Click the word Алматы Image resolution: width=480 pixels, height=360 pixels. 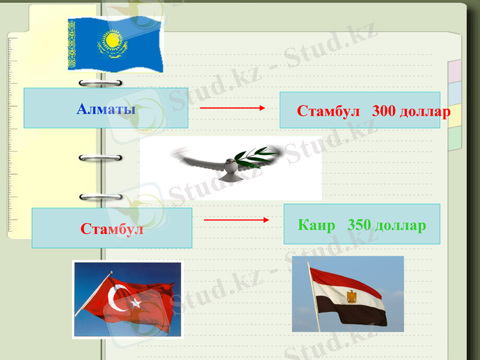[106, 109]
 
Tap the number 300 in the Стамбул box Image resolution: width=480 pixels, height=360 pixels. [384, 112]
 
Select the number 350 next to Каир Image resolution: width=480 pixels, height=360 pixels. [359, 226]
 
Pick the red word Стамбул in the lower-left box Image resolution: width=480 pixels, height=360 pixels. [112, 229]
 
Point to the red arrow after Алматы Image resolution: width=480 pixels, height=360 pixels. [232, 108]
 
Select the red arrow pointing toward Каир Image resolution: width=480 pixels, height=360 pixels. [236, 220]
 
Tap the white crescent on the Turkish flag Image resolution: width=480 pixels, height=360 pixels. [117, 298]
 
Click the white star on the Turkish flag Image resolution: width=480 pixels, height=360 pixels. [136, 303]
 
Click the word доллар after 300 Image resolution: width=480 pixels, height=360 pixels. [425, 112]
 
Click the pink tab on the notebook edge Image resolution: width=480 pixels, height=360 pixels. [454, 70]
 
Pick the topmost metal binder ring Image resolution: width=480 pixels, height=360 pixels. [100, 83]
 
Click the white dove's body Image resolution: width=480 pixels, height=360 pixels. [229, 169]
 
